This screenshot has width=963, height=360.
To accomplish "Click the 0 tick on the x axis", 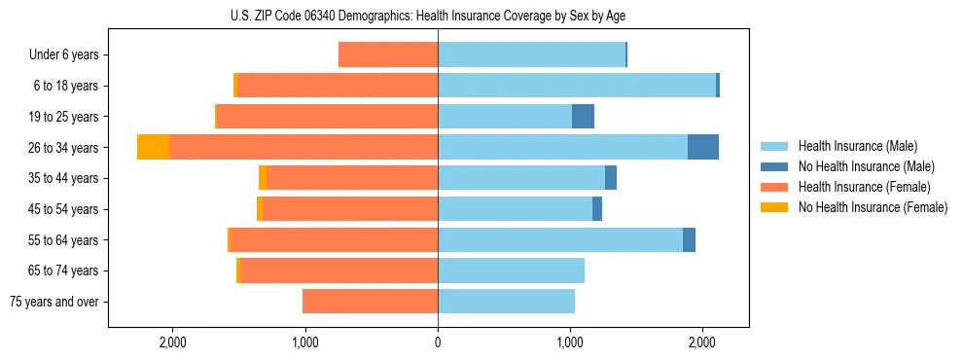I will point(438,342).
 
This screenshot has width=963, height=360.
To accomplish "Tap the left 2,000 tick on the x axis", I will point(172,342).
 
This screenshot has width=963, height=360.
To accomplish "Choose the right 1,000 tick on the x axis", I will point(570,342).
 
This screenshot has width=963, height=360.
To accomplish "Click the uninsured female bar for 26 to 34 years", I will point(153,147).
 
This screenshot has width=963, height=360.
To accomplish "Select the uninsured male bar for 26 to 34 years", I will point(703,147).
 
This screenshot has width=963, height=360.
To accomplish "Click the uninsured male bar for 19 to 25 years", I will point(583,117).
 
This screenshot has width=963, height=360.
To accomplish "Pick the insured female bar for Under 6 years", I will point(388,55).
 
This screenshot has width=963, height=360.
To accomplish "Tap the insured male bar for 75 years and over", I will point(506,302).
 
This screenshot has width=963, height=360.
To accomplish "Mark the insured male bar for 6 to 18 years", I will point(577,86).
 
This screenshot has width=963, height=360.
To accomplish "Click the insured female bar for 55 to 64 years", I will point(334,240).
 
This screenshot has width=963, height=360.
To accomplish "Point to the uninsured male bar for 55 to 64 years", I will point(689,240).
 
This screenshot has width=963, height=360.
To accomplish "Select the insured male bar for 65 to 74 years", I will point(511,270).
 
